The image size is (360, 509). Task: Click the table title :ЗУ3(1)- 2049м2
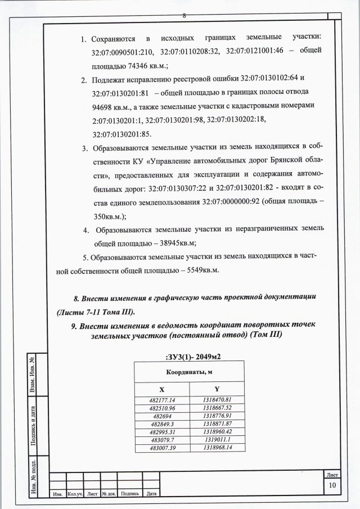189,355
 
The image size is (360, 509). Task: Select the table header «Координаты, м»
189,372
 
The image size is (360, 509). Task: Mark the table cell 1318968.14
217,448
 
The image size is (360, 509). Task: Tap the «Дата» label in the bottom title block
151,494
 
